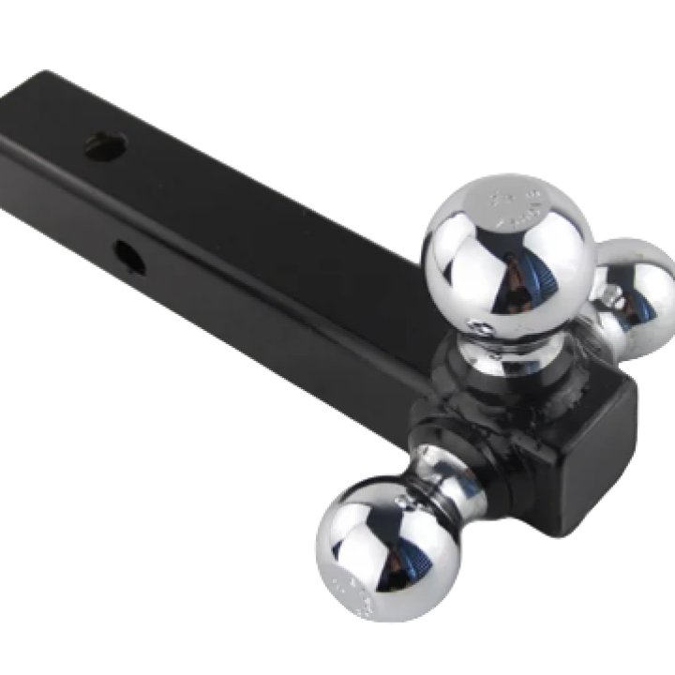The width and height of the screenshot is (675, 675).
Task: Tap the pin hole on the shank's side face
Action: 129,257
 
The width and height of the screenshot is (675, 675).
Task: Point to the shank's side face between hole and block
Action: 281,309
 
